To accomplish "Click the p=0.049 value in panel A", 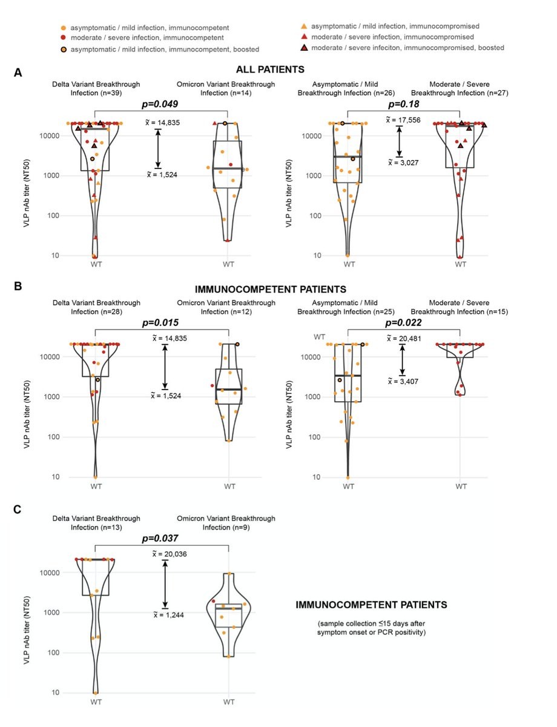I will pyautogui.click(x=161, y=104).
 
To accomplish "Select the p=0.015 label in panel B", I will pyautogui.click(x=161, y=323).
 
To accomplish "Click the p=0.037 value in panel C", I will pyautogui.click(x=161, y=539).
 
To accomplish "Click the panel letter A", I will pyautogui.click(x=18, y=72).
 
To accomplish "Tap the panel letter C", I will pyautogui.click(x=18, y=510).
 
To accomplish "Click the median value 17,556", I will pyautogui.click(x=402, y=120).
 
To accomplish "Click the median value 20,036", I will pyautogui.click(x=168, y=554).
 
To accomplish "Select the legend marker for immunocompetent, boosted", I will pyautogui.click(x=64, y=49).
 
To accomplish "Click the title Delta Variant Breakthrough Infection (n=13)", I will pyautogui.click(x=96, y=523).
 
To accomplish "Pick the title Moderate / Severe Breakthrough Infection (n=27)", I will pyautogui.click(x=461, y=88).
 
